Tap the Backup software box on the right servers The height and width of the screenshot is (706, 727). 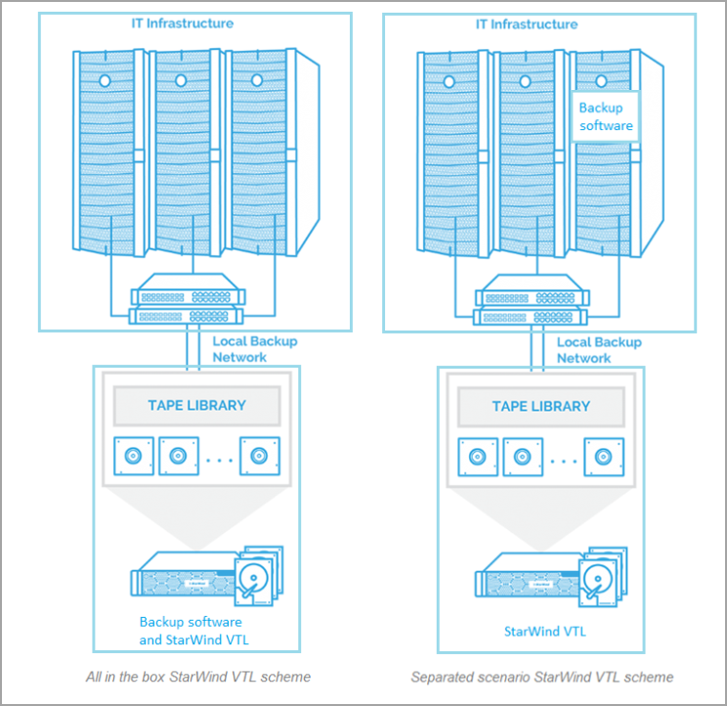606,117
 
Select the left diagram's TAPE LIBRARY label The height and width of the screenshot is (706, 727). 197,405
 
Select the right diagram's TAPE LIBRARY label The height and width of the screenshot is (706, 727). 541,406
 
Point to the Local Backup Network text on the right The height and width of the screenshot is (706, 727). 599,350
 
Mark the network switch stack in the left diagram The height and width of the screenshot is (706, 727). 186,304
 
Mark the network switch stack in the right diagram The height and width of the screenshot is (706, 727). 530,304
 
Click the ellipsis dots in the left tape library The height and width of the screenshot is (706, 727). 221,458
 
